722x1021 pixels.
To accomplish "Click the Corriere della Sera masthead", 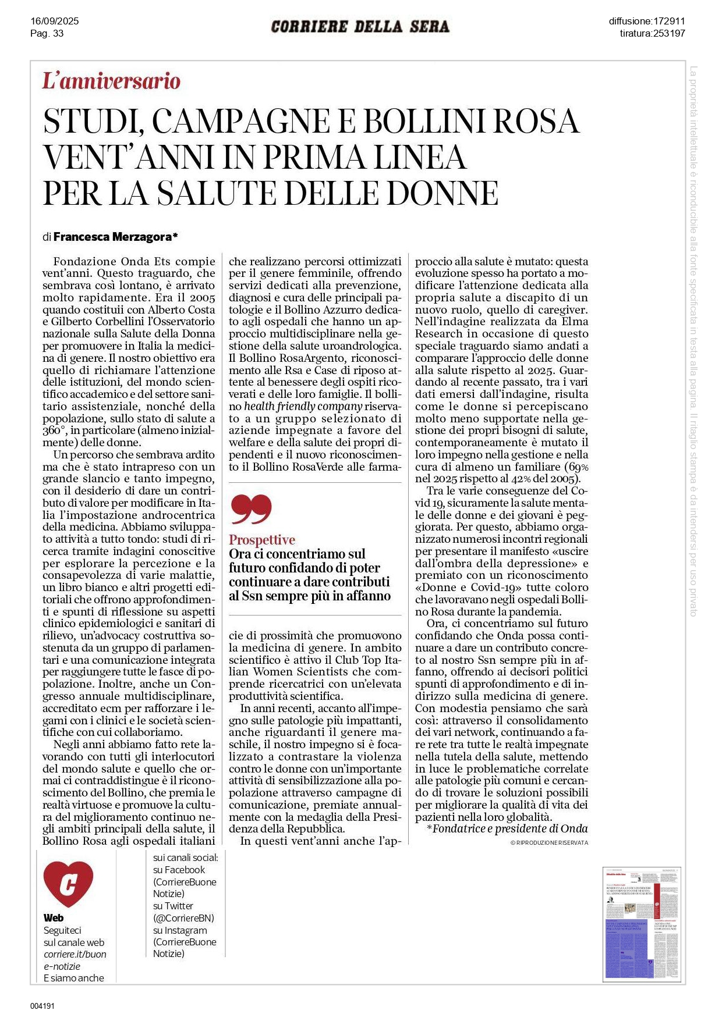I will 360,27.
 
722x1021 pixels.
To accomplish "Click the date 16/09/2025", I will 54,21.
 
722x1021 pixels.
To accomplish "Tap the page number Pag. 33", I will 47,33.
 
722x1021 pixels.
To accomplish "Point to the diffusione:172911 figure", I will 647,21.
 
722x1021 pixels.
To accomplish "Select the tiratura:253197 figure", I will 652,33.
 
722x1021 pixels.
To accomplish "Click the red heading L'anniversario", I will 111,81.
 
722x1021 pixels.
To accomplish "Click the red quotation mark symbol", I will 251,509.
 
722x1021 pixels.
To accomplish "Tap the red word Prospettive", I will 262,540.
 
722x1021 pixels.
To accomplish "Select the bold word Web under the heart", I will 54,918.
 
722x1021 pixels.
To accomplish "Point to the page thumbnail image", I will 640,923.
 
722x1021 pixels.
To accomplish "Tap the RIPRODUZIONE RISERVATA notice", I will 549,842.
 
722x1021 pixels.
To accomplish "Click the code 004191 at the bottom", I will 43,1005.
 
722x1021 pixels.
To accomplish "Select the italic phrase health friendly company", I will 303,406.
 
